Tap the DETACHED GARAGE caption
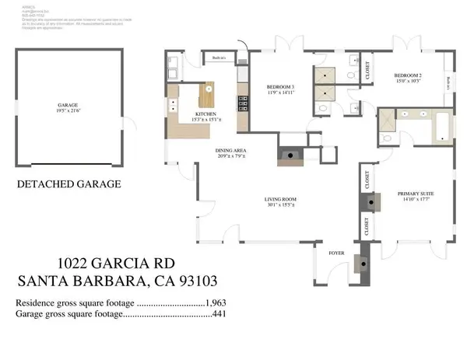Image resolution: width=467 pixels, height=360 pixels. (x=69, y=184)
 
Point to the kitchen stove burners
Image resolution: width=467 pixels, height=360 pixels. (x=242, y=100)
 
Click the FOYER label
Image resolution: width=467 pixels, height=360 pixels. (x=337, y=251)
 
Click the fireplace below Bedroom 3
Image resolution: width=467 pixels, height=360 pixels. (x=290, y=154)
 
